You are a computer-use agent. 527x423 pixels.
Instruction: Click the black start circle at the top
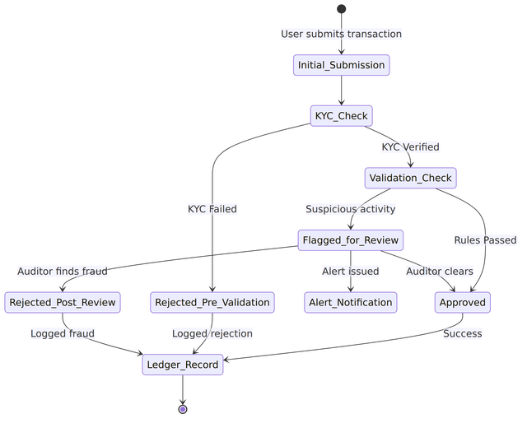(x=341, y=9)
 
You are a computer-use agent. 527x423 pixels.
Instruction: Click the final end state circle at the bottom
(x=183, y=409)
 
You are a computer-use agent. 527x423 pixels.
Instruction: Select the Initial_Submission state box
(x=341, y=65)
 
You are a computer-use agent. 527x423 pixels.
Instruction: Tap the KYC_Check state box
(x=341, y=116)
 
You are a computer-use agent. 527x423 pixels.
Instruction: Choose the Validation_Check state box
(x=410, y=178)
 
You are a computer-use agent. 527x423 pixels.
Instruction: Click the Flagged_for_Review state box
(x=351, y=240)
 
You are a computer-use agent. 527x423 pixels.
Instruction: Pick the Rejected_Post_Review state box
(x=63, y=302)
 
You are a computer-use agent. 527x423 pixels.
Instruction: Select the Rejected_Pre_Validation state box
(x=212, y=302)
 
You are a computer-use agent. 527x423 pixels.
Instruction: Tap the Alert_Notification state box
(x=351, y=302)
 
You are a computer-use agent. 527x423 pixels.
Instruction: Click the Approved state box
(x=463, y=302)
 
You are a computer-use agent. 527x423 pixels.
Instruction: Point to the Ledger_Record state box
(x=183, y=365)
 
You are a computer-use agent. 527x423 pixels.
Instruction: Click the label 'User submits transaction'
(x=341, y=34)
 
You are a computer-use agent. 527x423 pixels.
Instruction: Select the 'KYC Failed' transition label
(x=212, y=209)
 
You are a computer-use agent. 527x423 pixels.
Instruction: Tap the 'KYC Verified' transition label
(x=410, y=147)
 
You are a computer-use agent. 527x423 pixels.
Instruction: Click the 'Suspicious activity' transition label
(x=351, y=209)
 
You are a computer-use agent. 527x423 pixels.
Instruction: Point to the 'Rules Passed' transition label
(x=485, y=240)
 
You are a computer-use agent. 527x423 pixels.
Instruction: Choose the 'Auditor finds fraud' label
(x=63, y=272)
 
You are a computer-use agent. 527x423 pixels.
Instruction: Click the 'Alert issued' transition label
(x=351, y=272)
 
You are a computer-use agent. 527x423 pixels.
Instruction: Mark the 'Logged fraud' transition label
(x=63, y=333)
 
